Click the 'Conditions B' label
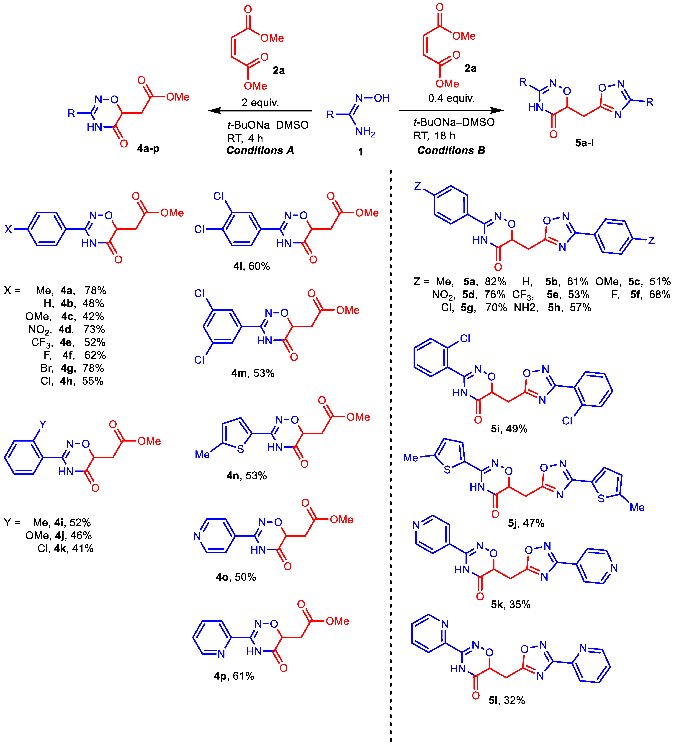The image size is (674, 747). pyautogui.click(x=451, y=150)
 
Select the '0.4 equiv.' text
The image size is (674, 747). pyautogui.click(x=451, y=98)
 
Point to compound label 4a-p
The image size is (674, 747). pyautogui.click(x=148, y=149)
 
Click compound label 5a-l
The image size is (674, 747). pyautogui.click(x=584, y=143)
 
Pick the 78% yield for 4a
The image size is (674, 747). pyautogui.click(x=95, y=290)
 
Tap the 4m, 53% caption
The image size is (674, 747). pyautogui.click(x=253, y=373)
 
